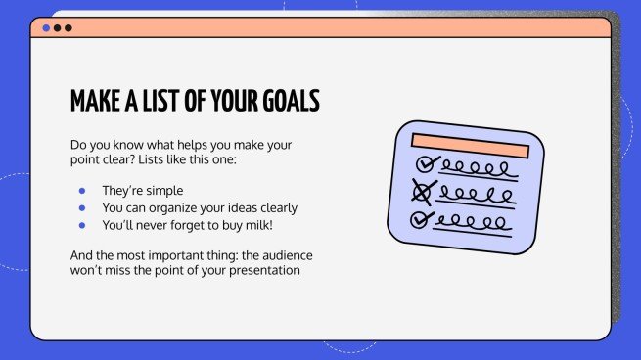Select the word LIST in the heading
pos(166,102)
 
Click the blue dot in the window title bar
pos(46,28)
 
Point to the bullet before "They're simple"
pos(82,190)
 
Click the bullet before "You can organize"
pos(82,207)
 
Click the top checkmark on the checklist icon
pos(426,163)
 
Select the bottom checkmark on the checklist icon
pos(424,217)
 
